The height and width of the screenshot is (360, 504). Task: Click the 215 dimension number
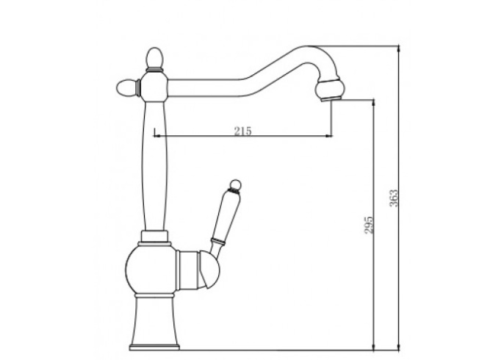point(242,131)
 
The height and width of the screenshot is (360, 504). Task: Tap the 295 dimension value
point(369,225)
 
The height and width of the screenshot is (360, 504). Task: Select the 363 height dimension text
point(394,198)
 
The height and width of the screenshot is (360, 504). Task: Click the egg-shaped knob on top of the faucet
point(154,58)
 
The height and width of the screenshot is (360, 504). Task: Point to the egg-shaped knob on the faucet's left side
point(126,87)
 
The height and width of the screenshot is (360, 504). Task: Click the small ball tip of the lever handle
point(235,184)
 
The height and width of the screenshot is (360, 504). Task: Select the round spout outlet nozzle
point(329,88)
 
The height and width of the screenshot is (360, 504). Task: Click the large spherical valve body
point(151,270)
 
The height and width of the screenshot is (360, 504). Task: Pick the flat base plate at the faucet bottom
point(154,347)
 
